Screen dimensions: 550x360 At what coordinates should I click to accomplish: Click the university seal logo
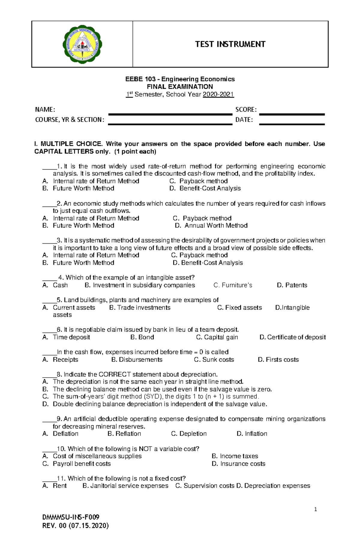(x=82, y=44)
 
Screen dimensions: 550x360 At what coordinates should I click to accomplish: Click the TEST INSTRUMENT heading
(x=230, y=44)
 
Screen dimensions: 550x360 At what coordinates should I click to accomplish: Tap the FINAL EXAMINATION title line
(x=179, y=87)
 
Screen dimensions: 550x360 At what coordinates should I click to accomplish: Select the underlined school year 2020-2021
(x=218, y=94)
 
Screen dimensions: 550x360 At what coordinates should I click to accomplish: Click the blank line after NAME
(x=170, y=114)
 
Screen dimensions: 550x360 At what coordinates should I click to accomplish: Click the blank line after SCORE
(x=292, y=114)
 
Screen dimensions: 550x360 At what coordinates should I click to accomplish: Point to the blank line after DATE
(x=292, y=124)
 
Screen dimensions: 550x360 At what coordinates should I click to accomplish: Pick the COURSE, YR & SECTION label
(x=70, y=120)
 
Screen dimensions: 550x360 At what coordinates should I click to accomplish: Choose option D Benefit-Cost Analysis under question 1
(x=210, y=188)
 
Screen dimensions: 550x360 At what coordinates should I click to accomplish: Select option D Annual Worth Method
(x=215, y=225)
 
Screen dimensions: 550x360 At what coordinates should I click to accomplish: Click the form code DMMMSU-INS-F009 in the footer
(x=71, y=517)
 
